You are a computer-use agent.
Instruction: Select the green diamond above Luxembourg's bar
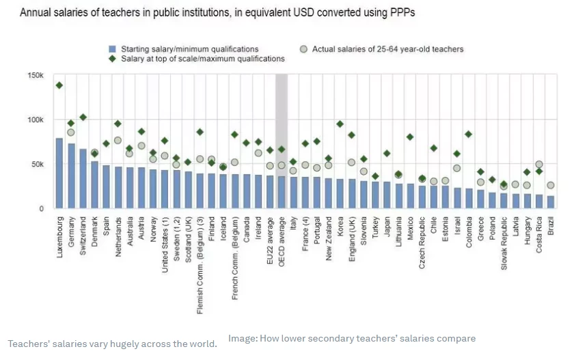click(59, 85)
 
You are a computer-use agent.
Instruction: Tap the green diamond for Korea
click(340, 124)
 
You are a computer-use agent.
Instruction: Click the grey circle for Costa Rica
click(539, 164)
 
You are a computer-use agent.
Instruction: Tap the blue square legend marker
click(112, 49)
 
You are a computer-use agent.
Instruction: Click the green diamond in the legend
click(112, 59)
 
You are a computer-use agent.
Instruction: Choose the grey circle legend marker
click(303, 49)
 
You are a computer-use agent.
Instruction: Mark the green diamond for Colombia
click(468, 134)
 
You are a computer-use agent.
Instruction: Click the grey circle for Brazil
click(551, 185)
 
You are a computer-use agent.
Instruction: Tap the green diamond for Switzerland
click(83, 117)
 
